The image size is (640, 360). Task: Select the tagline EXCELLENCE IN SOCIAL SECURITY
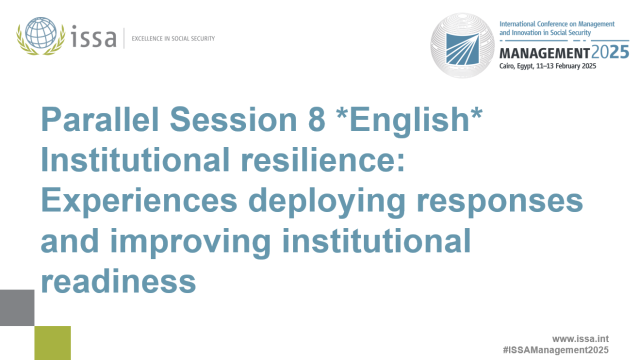(x=173, y=38)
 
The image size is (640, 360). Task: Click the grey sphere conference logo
(x=462, y=45)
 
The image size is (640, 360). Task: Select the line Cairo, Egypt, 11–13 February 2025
(x=547, y=66)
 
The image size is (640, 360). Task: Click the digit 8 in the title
(x=316, y=120)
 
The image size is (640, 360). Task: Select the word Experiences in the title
(x=138, y=201)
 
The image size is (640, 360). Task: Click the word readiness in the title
(x=118, y=282)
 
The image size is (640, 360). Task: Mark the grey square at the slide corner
(x=17, y=307)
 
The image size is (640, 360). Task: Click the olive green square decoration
(x=52, y=343)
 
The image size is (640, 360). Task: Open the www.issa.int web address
(x=580, y=339)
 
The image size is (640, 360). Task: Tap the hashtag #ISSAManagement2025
(x=555, y=350)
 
